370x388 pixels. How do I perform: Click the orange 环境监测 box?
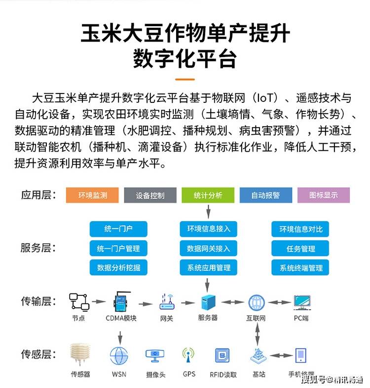coord(92,195)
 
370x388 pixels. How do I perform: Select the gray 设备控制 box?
coord(150,195)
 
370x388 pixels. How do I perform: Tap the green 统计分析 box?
coord(208,195)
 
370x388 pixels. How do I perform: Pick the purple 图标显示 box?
coord(324,195)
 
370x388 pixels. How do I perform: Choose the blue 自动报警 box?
coord(266,195)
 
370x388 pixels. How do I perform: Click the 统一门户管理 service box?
coord(118,248)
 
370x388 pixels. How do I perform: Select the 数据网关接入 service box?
coord(209,248)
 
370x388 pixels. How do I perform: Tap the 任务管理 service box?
coord(300,248)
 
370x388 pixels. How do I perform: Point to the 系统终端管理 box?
coord(300,267)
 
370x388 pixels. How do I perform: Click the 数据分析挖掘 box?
coord(118,267)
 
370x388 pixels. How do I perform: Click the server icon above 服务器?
coord(208,302)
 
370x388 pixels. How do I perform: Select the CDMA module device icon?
coord(121,301)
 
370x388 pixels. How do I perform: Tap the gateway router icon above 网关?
coord(167,302)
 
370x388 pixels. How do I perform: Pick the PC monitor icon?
coord(302,302)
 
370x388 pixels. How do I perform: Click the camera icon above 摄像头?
coord(155,356)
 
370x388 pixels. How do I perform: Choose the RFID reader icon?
coord(222,356)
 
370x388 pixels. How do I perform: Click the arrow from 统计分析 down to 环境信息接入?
coord(208,212)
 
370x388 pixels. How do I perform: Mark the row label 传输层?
coord(38,301)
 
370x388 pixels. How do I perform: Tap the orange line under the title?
coord(185,79)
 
